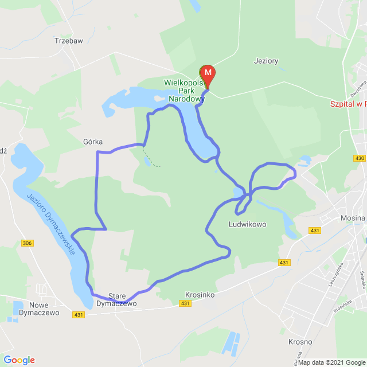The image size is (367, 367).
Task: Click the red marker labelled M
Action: pyautogui.click(x=208, y=73)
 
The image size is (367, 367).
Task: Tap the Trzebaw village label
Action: pyautogui.click(x=68, y=41)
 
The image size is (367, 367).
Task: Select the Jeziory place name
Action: pyautogui.click(x=266, y=60)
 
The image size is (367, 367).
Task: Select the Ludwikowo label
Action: pyautogui.click(x=248, y=224)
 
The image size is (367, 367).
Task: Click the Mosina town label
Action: pyautogui.click(x=352, y=218)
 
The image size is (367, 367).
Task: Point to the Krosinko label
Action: pyautogui.click(x=200, y=294)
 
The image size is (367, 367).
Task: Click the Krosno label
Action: pyautogui.click(x=300, y=342)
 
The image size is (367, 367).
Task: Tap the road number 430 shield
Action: pyautogui.click(x=360, y=158)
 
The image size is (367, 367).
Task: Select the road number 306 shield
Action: pyautogui.click(x=28, y=244)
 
